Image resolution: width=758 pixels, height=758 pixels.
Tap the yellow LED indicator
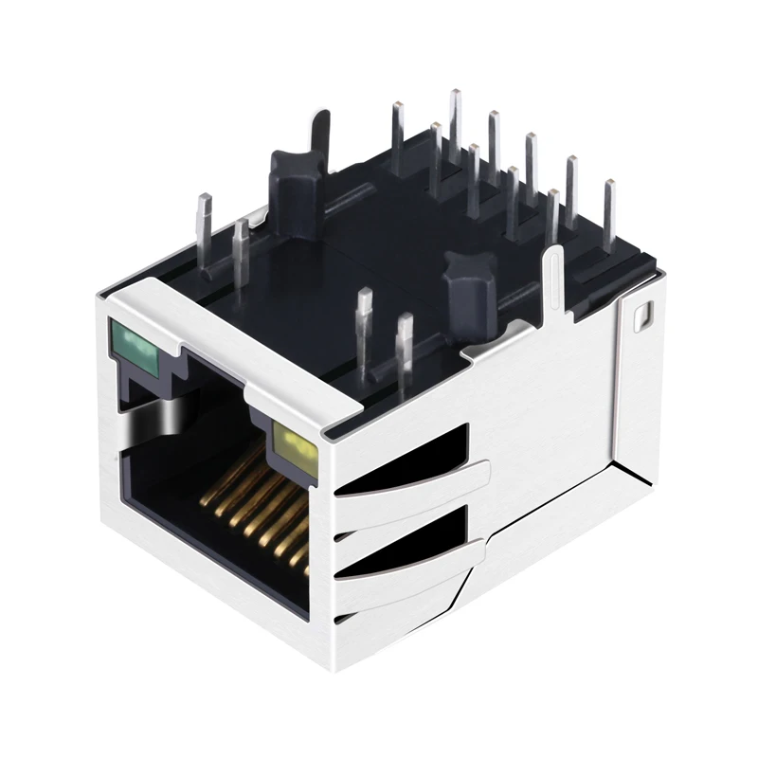click(290, 439)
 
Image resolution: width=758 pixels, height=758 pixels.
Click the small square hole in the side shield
click(644, 313)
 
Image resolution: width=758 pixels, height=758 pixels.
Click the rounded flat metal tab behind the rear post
click(319, 133)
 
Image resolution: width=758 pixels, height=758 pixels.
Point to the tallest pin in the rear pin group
click(455, 123)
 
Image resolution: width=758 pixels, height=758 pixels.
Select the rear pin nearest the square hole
click(608, 213)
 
